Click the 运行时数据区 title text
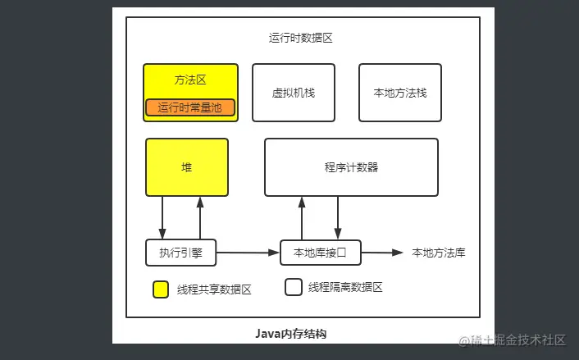tap(299, 38)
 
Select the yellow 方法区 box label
tap(189, 80)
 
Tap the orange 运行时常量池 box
tap(190, 107)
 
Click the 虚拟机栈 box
tap(293, 93)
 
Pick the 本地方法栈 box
tap(400, 93)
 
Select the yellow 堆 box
tap(187, 167)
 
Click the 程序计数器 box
tap(351, 167)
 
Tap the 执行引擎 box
tap(181, 253)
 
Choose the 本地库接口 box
tap(320, 253)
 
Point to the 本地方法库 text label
tap(439, 253)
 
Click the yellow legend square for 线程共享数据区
tap(162, 289)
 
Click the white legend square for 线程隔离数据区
tap(293, 287)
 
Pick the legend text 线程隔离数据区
tap(345, 287)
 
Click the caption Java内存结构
tap(291, 334)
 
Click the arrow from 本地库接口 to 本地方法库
tap(382, 253)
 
